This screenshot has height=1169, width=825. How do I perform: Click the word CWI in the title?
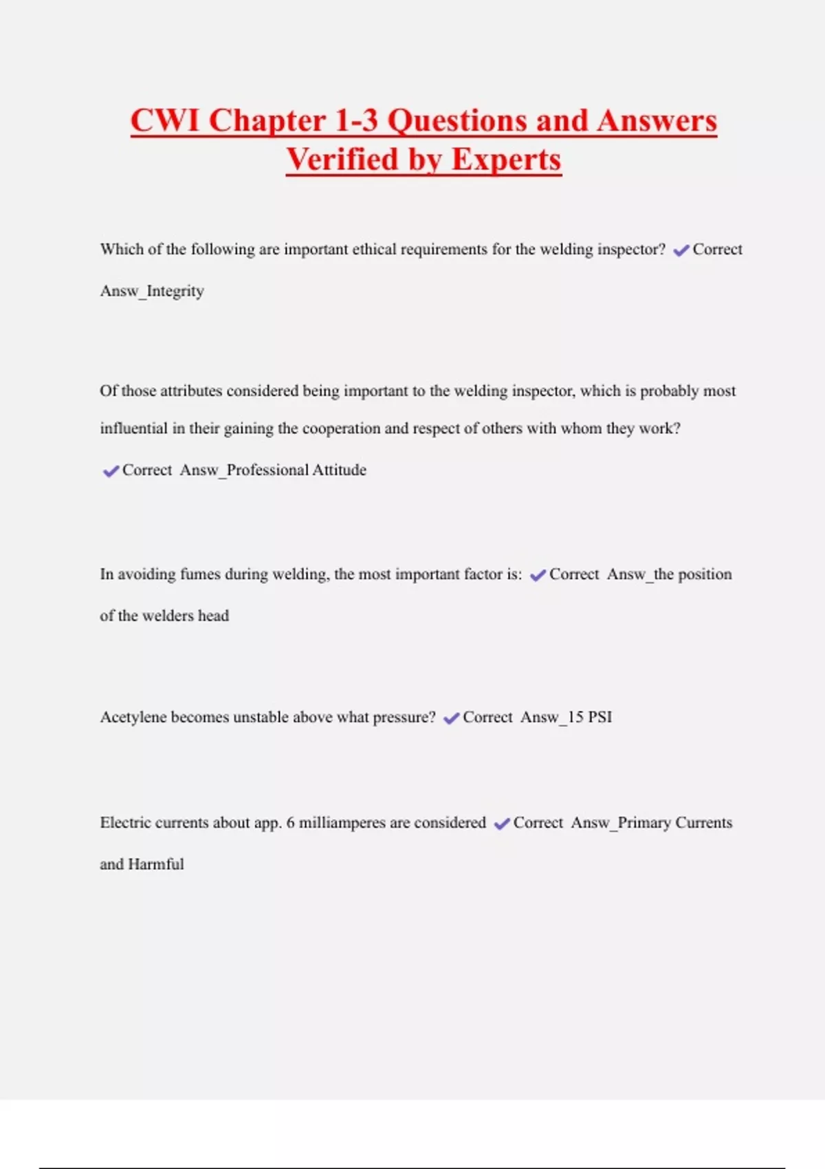(x=165, y=120)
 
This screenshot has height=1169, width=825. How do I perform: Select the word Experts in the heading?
(x=506, y=160)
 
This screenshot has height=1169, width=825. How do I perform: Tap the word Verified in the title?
(x=342, y=160)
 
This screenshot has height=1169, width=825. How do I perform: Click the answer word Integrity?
(x=175, y=291)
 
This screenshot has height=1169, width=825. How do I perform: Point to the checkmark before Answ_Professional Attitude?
(x=111, y=471)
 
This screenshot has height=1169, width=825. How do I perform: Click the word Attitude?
(x=339, y=470)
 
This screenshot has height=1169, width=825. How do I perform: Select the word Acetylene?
(x=133, y=717)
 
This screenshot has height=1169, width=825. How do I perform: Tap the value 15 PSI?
(x=590, y=717)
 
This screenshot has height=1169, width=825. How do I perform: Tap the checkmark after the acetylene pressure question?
(x=451, y=719)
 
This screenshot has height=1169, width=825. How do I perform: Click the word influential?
(x=133, y=428)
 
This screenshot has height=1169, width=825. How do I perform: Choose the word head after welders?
(x=213, y=615)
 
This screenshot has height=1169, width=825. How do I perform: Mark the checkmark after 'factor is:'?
(x=538, y=576)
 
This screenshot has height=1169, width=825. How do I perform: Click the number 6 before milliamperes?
(x=290, y=822)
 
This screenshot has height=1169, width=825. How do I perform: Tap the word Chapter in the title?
(x=267, y=120)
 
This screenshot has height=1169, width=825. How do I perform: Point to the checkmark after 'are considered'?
(x=502, y=824)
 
